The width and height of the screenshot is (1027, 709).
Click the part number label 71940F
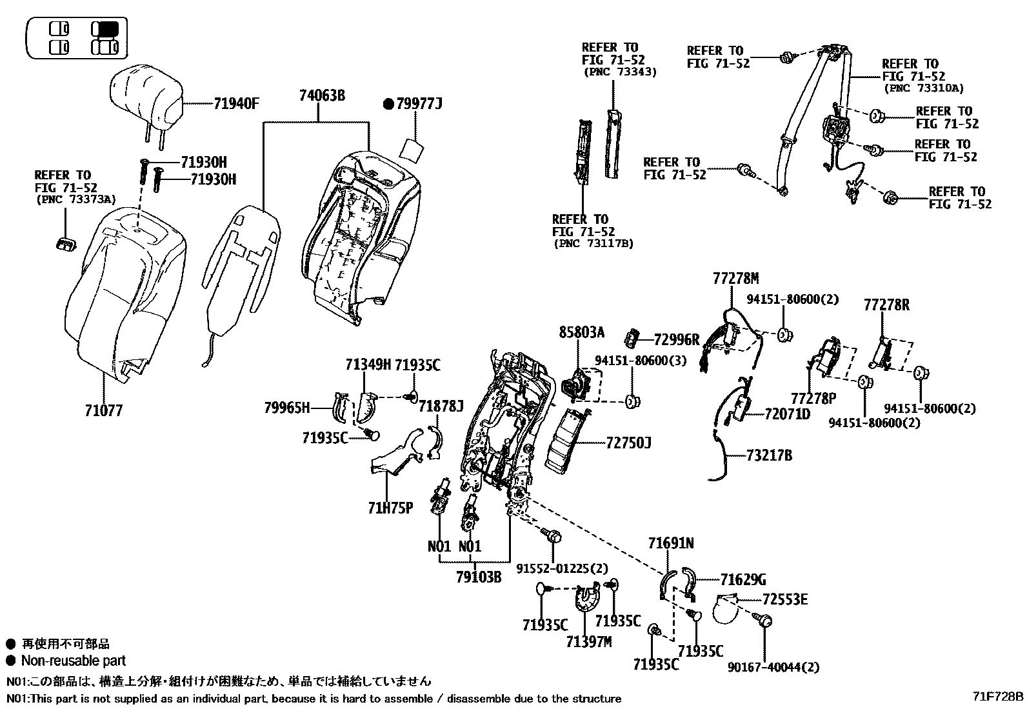coord(236,103)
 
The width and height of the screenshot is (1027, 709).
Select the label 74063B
coord(321,96)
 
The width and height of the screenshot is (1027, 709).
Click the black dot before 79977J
coord(388,103)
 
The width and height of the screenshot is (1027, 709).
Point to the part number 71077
coord(103,410)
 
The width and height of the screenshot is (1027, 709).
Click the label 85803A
coord(581,333)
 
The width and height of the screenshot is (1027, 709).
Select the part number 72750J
coord(628,443)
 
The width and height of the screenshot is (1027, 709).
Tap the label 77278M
coord(735,279)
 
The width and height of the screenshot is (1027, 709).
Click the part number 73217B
coord(769,455)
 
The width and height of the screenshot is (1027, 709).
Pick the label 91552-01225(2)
coord(562,568)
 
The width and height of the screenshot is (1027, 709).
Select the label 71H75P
coord(390,508)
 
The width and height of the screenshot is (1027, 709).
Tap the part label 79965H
coord(287,408)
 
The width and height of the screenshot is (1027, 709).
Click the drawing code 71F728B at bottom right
coord(999,697)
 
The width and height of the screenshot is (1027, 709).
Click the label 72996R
coord(676,340)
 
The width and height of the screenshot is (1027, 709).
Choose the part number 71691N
coord(671,544)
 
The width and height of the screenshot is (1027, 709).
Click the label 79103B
coord(479,576)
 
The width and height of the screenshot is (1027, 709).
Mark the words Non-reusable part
coord(73,661)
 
